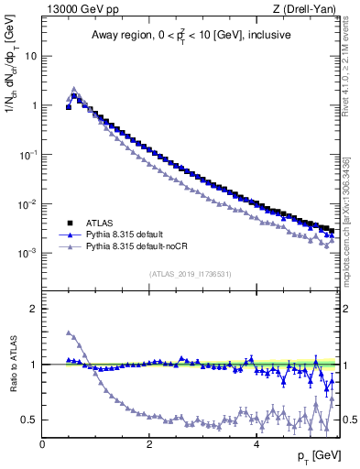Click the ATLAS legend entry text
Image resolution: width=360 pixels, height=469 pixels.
pos(97,223)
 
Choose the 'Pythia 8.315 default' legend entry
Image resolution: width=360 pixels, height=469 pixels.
pos(127,234)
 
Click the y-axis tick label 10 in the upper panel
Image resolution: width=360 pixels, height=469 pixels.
pos(30,56)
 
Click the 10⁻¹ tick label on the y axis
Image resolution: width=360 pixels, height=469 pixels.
pos(27,155)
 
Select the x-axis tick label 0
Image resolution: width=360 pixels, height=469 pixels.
pos(42,444)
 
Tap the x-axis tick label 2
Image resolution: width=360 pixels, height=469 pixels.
pos(149,444)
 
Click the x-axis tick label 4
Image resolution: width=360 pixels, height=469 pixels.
pos(256,444)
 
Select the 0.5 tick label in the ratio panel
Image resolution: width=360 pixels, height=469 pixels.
pos(28,420)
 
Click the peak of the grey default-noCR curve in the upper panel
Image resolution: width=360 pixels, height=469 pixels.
pos(74,89)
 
